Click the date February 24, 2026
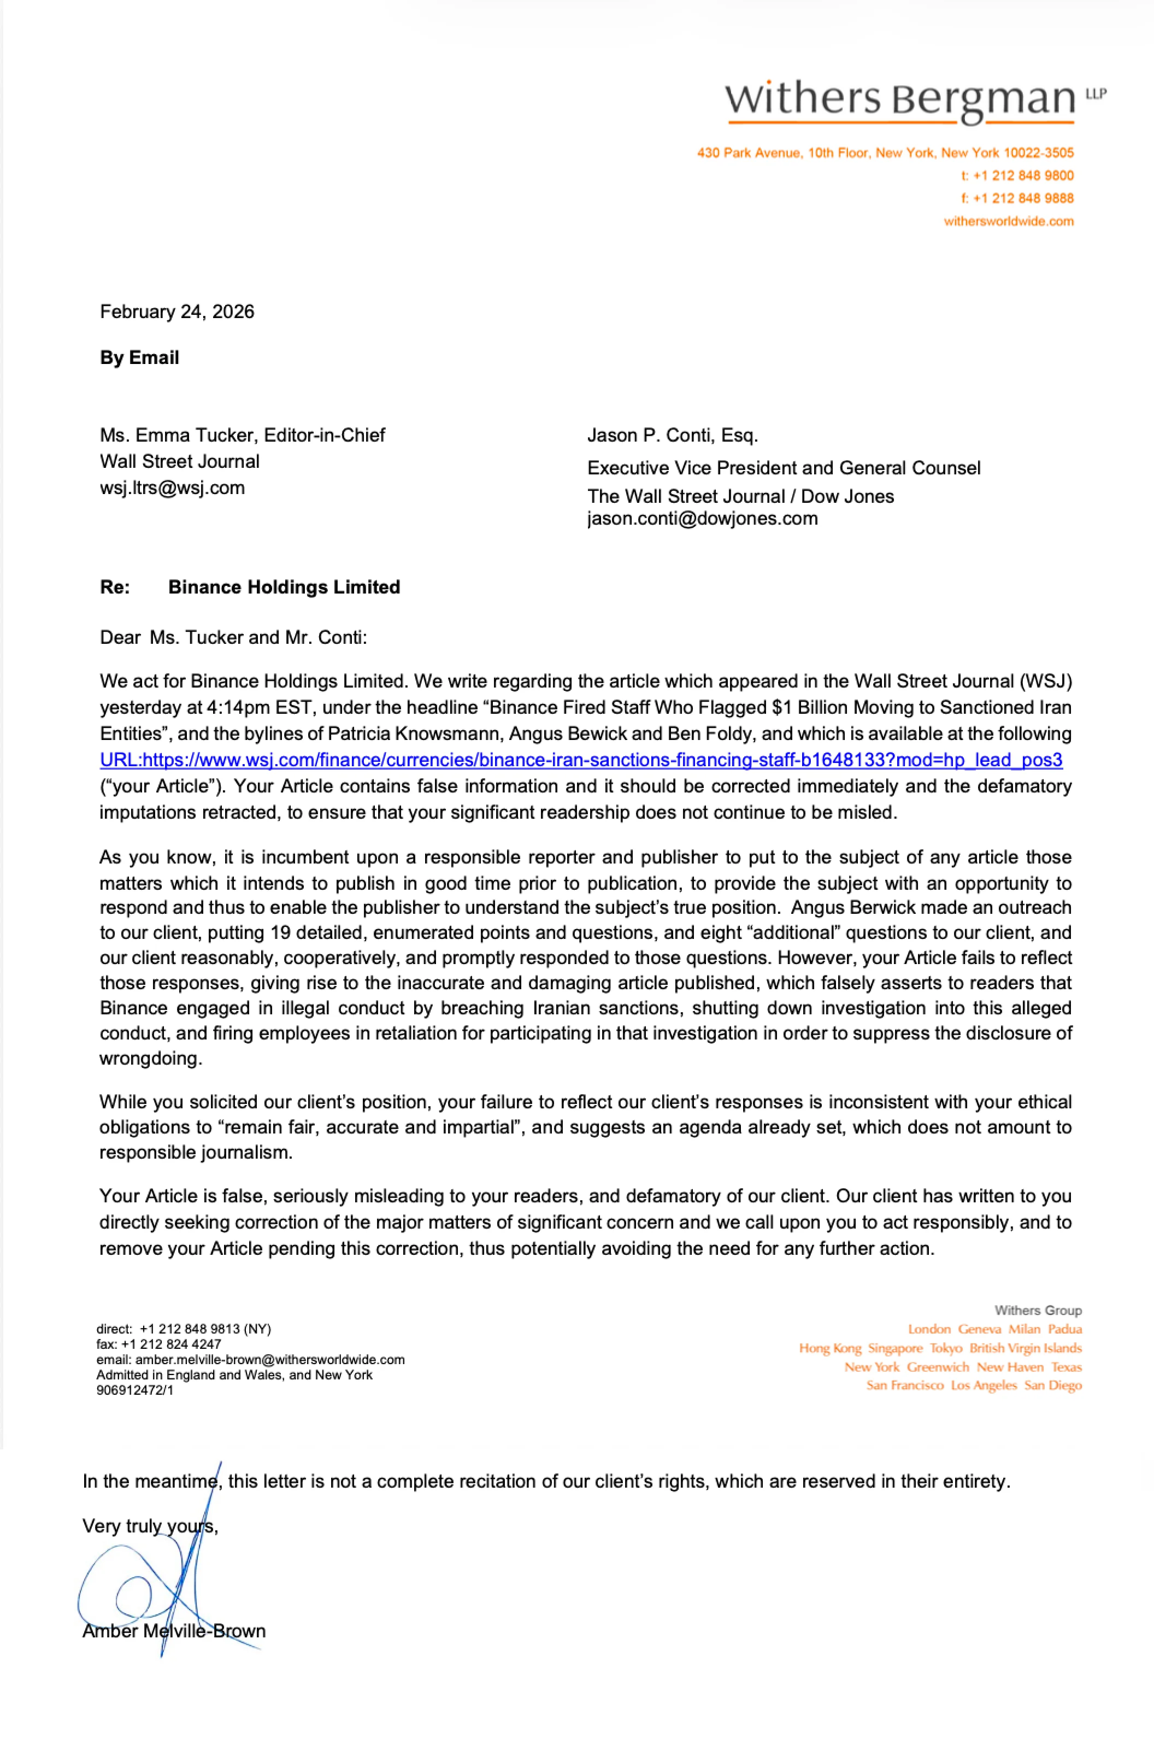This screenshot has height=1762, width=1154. [x=177, y=312]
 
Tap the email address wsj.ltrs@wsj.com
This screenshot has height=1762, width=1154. [x=173, y=488]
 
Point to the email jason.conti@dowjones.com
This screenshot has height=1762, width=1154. [x=703, y=518]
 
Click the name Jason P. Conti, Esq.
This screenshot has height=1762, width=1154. [x=672, y=436]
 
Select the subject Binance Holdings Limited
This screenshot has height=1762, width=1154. [x=284, y=587]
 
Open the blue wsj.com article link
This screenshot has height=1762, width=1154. [x=581, y=760]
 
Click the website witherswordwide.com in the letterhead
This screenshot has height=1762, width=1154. [x=1008, y=221]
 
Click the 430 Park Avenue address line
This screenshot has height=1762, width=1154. [x=885, y=153]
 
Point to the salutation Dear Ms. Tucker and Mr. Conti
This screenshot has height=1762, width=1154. [x=233, y=637]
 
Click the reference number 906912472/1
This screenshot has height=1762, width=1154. [x=135, y=1390]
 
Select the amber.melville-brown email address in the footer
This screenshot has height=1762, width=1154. [x=269, y=1360]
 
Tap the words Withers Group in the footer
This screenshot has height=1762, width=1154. [x=1038, y=1311]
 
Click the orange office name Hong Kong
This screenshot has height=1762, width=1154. [x=830, y=1348]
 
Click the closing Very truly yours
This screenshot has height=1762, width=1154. [x=150, y=1526]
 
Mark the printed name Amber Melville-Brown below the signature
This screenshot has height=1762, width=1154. [x=174, y=1631]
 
